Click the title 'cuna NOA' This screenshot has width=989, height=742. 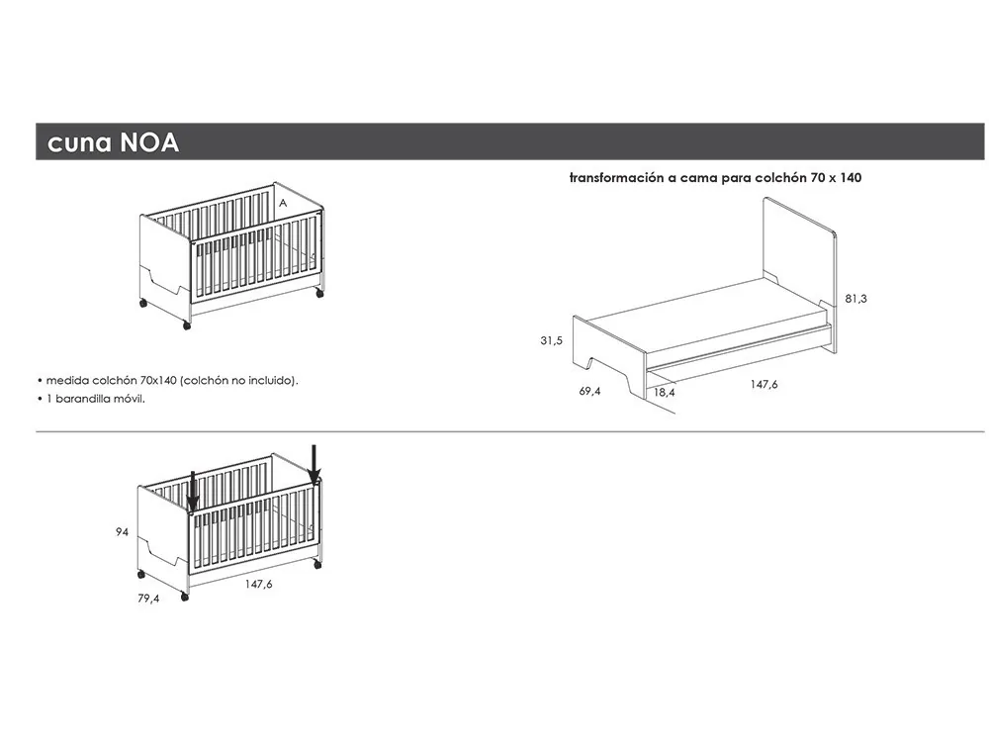point(113,142)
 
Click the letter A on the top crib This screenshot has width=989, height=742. point(283,202)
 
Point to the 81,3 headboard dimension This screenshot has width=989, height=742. point(856,298)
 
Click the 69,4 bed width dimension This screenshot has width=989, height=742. point(590,391)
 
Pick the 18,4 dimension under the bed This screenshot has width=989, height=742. point(664,393)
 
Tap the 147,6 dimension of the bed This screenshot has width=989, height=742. point(763,384)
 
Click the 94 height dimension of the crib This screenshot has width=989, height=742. point(123,532)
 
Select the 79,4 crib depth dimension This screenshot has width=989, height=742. point(148,598)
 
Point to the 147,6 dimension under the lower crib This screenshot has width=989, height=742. point(258,585)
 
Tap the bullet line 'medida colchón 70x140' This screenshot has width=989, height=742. point(167,380)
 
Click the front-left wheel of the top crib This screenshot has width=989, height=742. point(187,325)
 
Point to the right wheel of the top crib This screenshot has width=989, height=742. point(319,293)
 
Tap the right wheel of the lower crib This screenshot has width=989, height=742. point(316,564)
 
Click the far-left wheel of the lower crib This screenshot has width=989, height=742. point(141,574)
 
